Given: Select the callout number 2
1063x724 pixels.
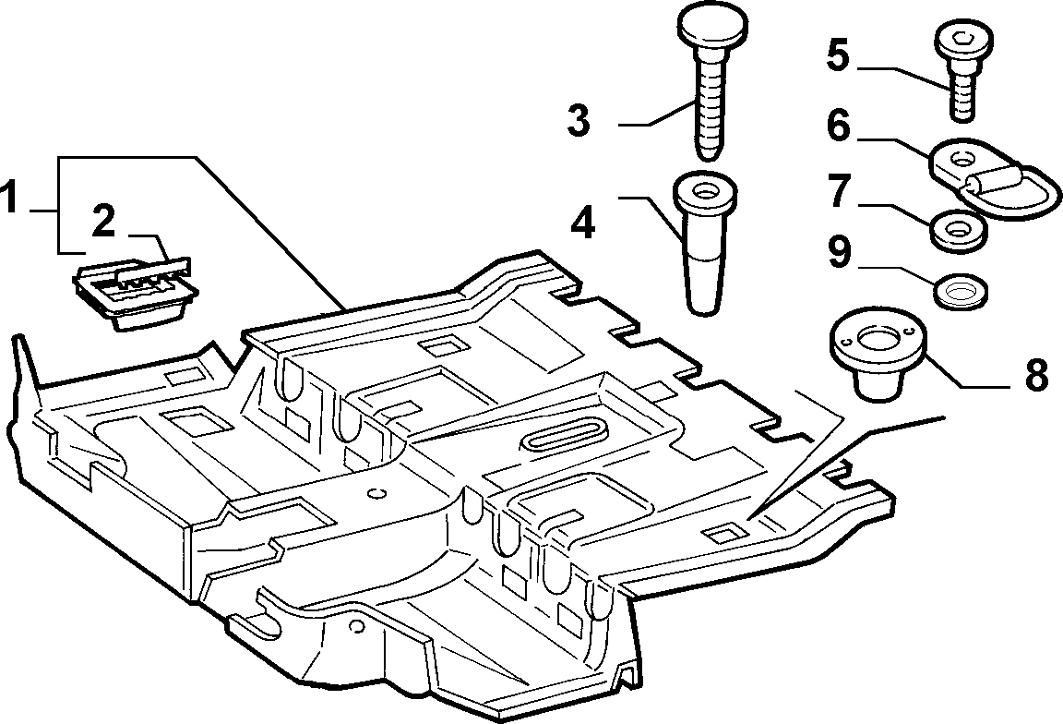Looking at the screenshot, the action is point(103,223).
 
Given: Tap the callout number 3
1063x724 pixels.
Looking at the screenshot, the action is point(579,121).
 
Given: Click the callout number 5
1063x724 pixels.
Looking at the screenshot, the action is point(838,55).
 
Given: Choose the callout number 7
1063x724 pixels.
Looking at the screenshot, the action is point(839,191).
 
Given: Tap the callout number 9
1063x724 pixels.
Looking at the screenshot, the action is point(839,252).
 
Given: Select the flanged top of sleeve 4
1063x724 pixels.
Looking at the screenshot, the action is point(705,190).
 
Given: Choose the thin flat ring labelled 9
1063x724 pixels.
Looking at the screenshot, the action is point(960,293).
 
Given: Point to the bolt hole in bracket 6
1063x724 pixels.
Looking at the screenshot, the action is point(961,159).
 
